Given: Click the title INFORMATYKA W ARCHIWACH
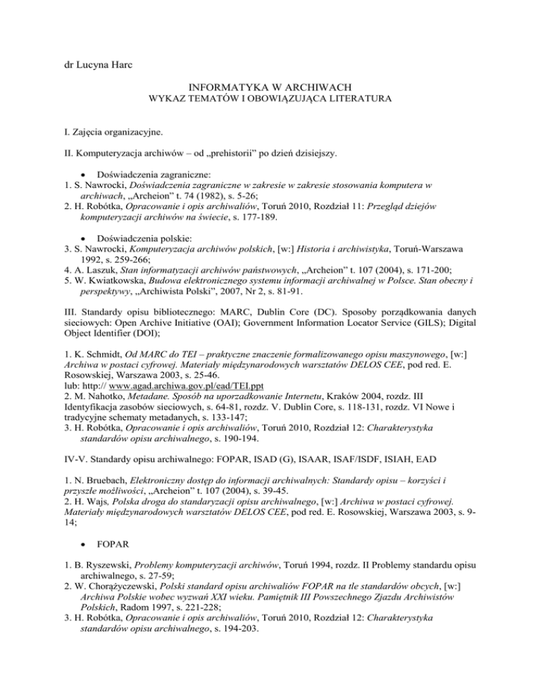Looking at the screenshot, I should (270, 93).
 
